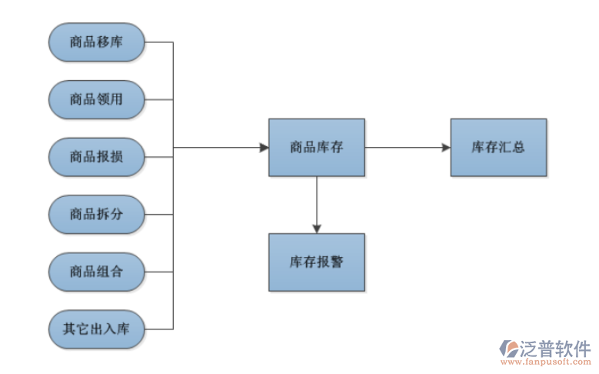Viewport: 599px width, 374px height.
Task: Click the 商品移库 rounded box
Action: click(x=96, y=42)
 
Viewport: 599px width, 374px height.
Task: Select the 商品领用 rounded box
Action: click(x=96, y=99)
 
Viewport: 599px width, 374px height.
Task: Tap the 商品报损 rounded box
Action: click(x=96, y=157)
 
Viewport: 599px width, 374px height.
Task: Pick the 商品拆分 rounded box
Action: click(x=96, y=214)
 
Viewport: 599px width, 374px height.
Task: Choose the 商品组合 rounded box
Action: click(x=96, y=272)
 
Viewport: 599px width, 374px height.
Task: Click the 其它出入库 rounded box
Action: click(x=96, y=329)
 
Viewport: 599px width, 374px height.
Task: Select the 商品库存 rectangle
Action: click(x=316, y=147)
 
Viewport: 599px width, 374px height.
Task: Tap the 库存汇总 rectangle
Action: click(x=498, y=147)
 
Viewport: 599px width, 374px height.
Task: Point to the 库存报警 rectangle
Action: click(x=316, y=262)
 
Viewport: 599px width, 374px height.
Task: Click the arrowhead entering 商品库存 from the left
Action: click(x=263, y=147)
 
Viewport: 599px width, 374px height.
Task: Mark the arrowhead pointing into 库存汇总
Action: click(x=445, y=147)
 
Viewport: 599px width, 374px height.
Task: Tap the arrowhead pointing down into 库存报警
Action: click(x=316, y=228)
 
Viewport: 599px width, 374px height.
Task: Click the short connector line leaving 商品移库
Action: click(x=158, y=42)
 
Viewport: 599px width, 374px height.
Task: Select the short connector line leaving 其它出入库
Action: click(x=158, y=329)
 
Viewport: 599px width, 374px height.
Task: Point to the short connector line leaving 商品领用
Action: click(x=158, y=99)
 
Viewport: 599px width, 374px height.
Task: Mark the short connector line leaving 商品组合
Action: click(x=158, y=272)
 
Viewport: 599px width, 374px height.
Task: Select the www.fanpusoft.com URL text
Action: click(x=547, y=361)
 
